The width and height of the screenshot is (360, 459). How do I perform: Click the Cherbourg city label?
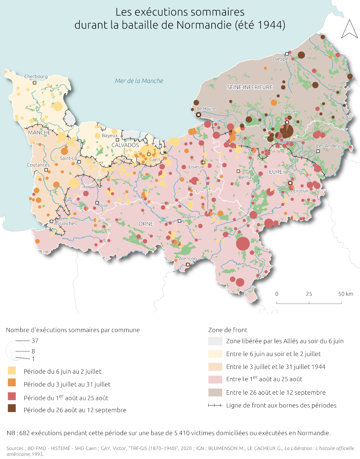coord(36,76)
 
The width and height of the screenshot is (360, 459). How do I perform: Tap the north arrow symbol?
coord(349,29)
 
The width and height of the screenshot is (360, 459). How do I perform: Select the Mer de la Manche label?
coord(139,81)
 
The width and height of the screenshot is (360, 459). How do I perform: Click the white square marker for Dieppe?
coord(287,54)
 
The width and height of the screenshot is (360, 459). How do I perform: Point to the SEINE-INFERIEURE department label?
coord(250,87)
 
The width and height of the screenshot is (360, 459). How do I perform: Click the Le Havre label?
coord(206,109)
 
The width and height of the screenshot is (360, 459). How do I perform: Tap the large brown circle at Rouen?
coord(286,131)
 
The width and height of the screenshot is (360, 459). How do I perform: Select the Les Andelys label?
coord(329,146)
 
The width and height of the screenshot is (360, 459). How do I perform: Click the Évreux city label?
coord(301,191)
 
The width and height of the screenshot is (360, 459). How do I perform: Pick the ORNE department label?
coord(146,224)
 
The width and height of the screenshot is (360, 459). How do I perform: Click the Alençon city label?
coord(188,259)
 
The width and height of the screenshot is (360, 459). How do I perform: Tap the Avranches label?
coord(65,223)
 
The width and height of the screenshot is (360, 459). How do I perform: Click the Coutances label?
coord(38,165)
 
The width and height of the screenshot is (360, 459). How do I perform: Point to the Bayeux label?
coord(110,135)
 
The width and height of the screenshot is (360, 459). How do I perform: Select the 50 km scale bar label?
coord(346,294)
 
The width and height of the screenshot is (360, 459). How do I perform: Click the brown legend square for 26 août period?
coord(12,408)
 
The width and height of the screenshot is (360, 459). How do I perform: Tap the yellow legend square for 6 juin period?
coord(12,370)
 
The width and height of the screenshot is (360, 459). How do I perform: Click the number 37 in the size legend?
coord(35,341)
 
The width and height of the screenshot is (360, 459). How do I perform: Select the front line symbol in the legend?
coord(215,405)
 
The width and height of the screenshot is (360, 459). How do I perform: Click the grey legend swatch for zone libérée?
coord(215,341)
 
